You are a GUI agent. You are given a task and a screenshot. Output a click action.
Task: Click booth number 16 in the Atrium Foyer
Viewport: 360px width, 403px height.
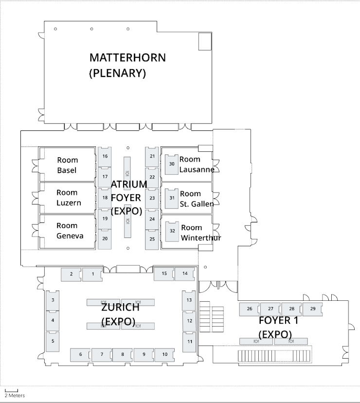point(105,157)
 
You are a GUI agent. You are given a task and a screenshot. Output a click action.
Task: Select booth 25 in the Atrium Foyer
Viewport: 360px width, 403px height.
point(152,239)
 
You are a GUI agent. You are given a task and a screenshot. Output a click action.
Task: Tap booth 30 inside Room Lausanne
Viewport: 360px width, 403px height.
point(172,164)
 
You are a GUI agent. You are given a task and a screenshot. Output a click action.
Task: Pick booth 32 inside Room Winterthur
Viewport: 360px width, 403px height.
point(172,231)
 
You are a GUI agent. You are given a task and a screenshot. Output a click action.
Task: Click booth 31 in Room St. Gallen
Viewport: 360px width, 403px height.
point(172,198)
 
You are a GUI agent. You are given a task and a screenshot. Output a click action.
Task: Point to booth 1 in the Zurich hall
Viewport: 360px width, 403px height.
point(92,275)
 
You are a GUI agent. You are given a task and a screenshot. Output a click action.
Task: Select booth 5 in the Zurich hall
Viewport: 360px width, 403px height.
point(53,341)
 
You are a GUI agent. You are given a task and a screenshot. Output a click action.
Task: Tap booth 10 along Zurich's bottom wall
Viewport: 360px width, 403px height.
point(165,354)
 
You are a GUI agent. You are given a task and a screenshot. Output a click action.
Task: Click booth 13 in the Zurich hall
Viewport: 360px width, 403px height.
point(189,300)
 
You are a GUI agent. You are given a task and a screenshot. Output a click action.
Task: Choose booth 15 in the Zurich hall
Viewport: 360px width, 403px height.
point(164,274)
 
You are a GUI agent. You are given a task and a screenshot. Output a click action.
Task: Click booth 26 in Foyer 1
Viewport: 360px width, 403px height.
point(250,309)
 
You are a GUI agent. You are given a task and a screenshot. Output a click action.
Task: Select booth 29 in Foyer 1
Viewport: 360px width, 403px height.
point(313,309)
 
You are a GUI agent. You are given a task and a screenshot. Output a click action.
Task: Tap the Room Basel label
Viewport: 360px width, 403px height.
point(67,165)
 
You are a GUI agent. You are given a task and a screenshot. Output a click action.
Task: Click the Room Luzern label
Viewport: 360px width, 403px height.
point(68,198)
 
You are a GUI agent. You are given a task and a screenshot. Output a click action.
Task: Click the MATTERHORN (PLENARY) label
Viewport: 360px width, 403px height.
point(127,65)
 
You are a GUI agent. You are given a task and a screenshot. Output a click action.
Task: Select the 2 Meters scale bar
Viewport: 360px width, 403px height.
point(11,391)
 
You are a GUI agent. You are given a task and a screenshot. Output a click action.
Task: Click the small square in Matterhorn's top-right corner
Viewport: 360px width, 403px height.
point(205,42)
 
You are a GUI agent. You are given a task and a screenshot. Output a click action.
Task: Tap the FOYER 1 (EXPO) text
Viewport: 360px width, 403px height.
point(278,327)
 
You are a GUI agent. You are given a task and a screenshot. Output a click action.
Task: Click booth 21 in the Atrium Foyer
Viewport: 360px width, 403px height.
point(152,156)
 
